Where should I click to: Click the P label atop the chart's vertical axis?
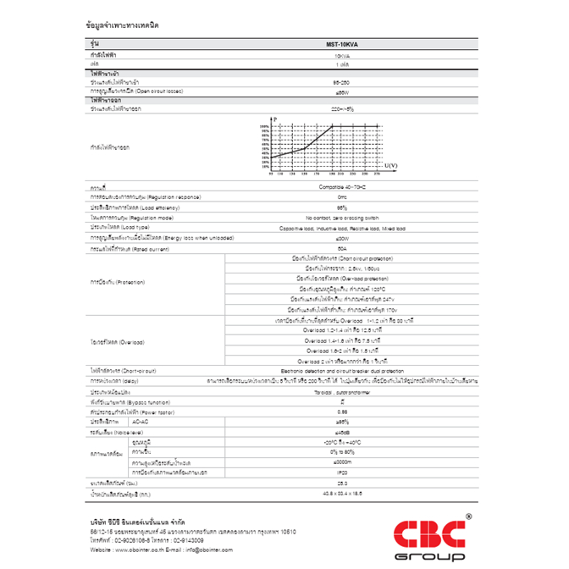[x=276, y=120]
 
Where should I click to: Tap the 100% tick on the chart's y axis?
[x=265, y=126]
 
